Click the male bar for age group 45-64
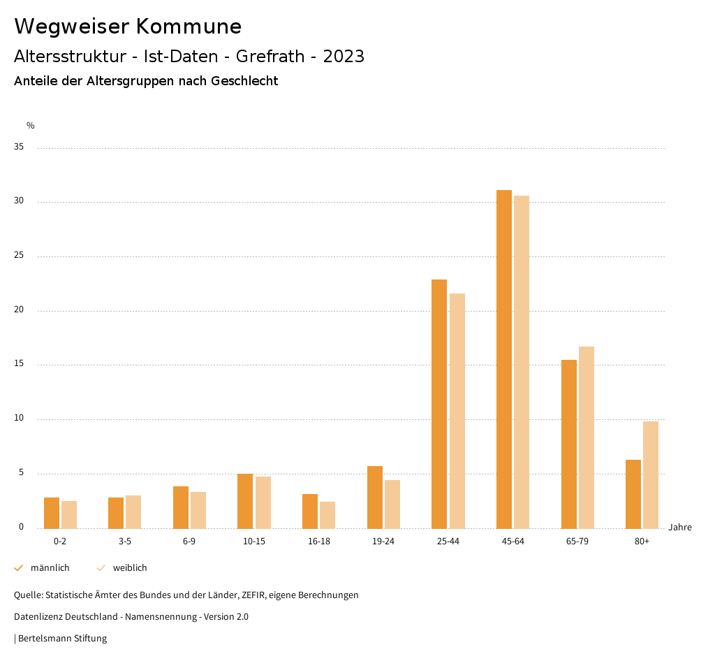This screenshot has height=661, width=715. pyautogui.click(x=504, y=359)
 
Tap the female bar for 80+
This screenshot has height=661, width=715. pyautogui.click(x=651, y=475)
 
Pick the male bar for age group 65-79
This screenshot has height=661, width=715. pyautogui.click(x=569, y=444)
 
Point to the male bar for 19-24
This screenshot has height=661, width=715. pyautogui.click(x=375, y=497)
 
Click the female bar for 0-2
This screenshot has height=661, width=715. pyautogui.click(x=69, y=515)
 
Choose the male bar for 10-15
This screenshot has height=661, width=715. pyautogui.click(x=245, y=501)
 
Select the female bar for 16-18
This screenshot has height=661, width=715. pyautogui.click(x=327, y=515)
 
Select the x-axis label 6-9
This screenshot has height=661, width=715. pyautogui.click(x=189, y=542)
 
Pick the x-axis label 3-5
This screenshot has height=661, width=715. pyautogui.click(x=125, y=542)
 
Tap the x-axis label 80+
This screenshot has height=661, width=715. pyautogui.click(x=642, y=542)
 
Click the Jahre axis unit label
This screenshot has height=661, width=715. pyautogui.click(x=680, y=528)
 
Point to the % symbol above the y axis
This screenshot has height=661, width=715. pyautogui.click(x=31, y=126)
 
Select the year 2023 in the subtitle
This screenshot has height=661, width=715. pyautogui.click(x=344, y=57)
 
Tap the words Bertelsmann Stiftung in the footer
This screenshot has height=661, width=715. pyautogui.click(x=62, y=639)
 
